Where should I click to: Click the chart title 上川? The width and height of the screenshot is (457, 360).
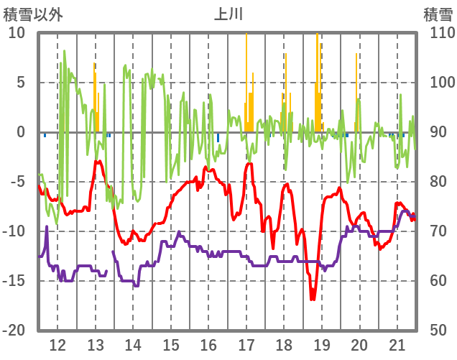228,14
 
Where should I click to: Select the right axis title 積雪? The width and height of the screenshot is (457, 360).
438,14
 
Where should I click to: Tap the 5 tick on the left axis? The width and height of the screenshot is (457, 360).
21,83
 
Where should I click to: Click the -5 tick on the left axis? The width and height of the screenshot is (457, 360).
17,182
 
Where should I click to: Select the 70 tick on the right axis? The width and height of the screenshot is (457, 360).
438,231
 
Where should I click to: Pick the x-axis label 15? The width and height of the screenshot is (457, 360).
170,343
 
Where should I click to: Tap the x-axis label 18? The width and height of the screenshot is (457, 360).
284,343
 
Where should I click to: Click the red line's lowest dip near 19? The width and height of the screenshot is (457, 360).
313,298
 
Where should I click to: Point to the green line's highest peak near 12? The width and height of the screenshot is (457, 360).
64,51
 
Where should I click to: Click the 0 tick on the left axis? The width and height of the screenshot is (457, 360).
21,132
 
